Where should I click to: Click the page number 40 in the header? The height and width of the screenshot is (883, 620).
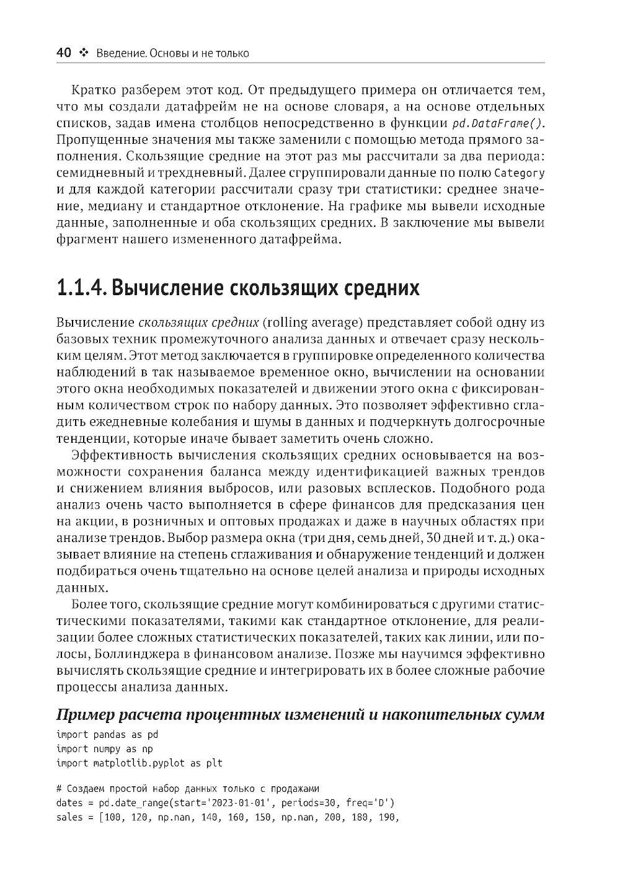(64, 53)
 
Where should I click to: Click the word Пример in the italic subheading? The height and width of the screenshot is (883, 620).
(84, 715)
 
